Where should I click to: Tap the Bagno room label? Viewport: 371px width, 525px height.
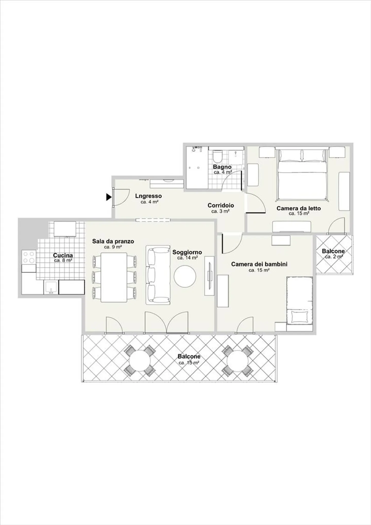tap(222, 167)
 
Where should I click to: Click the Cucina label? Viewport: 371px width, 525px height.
tap(63, 255)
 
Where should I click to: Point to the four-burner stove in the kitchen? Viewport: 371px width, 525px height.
tap(28, 257)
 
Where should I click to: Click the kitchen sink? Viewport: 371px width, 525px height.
tap(51, 287)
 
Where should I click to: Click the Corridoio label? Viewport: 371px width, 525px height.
tap(221, 205)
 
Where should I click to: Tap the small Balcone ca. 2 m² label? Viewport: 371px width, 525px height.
tap(333, 253)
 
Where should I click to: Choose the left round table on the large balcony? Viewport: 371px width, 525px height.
tap(140, 360)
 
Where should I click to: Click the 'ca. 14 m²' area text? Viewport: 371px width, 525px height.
tap(188, 258)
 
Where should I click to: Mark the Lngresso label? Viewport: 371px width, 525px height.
tap(148, 196)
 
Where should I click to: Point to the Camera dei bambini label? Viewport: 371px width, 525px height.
tap(259, 264)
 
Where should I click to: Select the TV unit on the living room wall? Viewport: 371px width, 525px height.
tap(209, 276)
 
